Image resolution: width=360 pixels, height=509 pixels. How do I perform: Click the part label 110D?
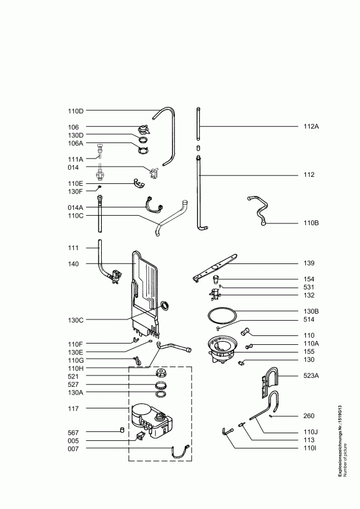pos(76,111)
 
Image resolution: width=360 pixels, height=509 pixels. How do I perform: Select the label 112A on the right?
pos(311,126)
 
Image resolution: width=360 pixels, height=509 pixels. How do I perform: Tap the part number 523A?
pos(311,375)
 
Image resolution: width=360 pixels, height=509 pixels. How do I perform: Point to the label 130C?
pos(76,320)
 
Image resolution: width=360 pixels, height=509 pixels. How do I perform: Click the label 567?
pos(73,433)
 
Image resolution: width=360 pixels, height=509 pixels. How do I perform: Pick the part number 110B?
pos(311,223)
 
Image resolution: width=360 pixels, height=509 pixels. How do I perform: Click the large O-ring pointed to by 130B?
pos(222,315)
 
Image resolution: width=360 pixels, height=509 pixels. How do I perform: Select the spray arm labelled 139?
pos(215,268)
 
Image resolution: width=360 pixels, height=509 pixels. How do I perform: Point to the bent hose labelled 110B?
pos(258,209)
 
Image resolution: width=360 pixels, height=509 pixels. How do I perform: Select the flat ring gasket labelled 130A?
pos(162,394)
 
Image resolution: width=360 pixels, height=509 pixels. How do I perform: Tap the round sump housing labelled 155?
pos(223,350)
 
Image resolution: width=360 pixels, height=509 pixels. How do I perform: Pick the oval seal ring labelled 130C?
pos(165,305)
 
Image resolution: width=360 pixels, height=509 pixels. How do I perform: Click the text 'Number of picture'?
pos(345,460)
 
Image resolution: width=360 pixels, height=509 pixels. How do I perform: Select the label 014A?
pos(76,207)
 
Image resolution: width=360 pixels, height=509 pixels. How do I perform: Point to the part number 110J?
pos(310,432)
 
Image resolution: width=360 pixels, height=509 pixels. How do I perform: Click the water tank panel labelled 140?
pos(146,294)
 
